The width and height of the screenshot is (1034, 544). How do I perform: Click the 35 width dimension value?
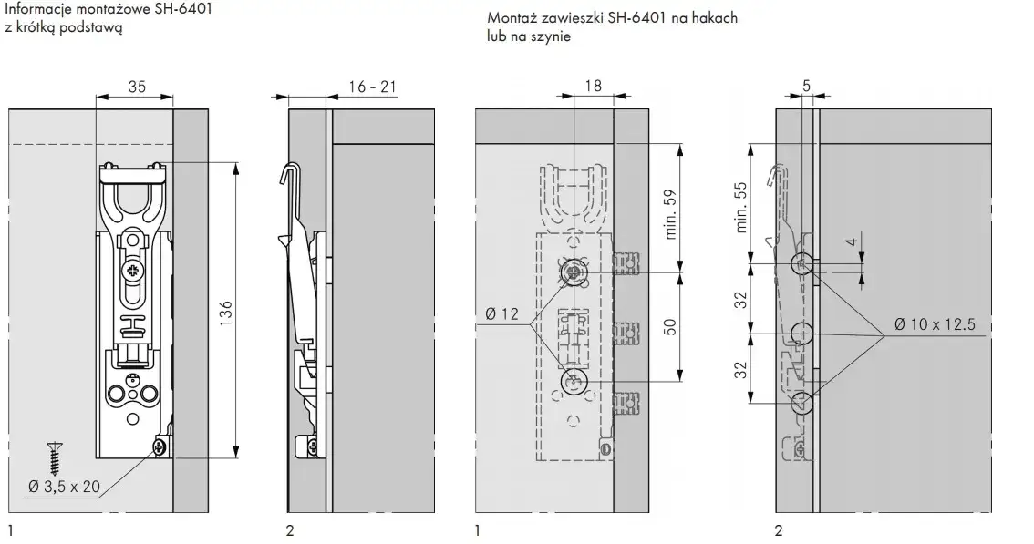137,87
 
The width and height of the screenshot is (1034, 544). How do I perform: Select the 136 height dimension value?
225,313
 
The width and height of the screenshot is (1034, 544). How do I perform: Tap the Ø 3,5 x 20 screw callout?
64,487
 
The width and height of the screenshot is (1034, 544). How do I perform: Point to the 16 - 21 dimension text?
373,87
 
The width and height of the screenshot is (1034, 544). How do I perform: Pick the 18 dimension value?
594,86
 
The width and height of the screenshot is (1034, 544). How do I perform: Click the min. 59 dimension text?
671,214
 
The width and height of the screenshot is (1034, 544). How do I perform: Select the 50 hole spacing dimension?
670,327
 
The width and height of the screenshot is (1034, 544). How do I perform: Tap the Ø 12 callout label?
501,313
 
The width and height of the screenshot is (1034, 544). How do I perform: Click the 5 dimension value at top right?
806,86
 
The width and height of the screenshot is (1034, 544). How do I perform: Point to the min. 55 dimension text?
741,207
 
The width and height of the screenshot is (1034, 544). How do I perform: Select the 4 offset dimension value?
853,242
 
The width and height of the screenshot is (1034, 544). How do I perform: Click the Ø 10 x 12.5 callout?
936,324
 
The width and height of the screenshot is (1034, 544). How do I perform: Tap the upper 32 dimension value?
741,300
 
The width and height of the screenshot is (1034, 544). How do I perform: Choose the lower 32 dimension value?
741,370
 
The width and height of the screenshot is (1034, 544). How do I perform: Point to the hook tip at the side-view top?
283,177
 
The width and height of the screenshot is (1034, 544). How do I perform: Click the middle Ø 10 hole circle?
801,334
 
